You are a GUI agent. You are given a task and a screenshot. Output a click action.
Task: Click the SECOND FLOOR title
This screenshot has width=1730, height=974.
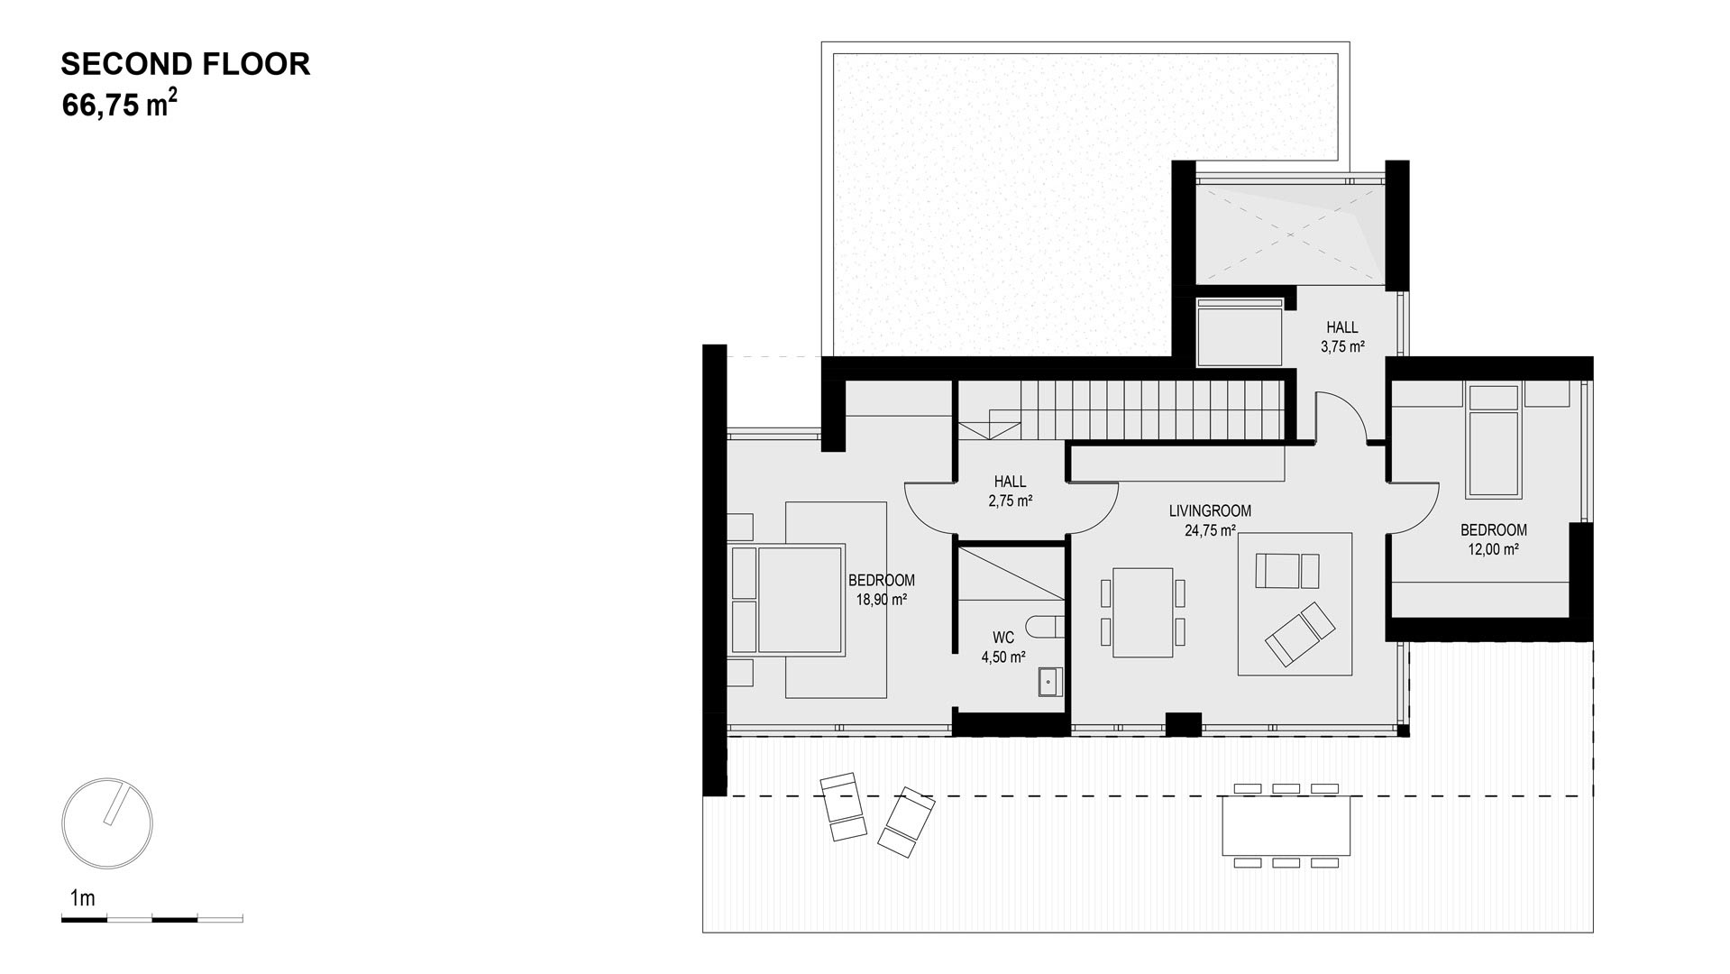[186, 64]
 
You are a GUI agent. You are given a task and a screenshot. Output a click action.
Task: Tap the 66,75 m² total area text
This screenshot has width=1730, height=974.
[119, 105]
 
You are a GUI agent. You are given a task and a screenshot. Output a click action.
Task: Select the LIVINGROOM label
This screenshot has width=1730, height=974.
[1210, 510]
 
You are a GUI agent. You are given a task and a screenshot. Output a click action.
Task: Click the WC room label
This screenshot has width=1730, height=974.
[1002, 639]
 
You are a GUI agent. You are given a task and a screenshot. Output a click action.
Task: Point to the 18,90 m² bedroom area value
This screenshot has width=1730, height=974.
[881, 599]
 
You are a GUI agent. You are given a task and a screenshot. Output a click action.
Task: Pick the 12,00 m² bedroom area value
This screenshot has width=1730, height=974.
[1494, 548]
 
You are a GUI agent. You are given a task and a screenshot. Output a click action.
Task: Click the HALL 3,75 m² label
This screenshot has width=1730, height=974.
[1342, 336]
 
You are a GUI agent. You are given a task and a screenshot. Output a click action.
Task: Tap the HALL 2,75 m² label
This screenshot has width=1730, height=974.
[1011, 492]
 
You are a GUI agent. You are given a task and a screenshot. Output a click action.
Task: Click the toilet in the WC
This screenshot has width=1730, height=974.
[1050, 627]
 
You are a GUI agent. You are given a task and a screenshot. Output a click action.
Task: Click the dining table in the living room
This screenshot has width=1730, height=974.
[1142, 612]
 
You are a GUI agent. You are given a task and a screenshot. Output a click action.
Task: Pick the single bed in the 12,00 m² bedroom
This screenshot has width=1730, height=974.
[1494, 441]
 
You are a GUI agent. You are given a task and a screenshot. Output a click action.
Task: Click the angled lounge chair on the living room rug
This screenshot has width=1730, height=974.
[1300, 634]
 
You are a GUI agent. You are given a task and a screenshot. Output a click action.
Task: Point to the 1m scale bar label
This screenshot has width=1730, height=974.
[82, 898]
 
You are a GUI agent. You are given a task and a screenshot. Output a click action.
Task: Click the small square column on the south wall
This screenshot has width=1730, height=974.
[1184, 724]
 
